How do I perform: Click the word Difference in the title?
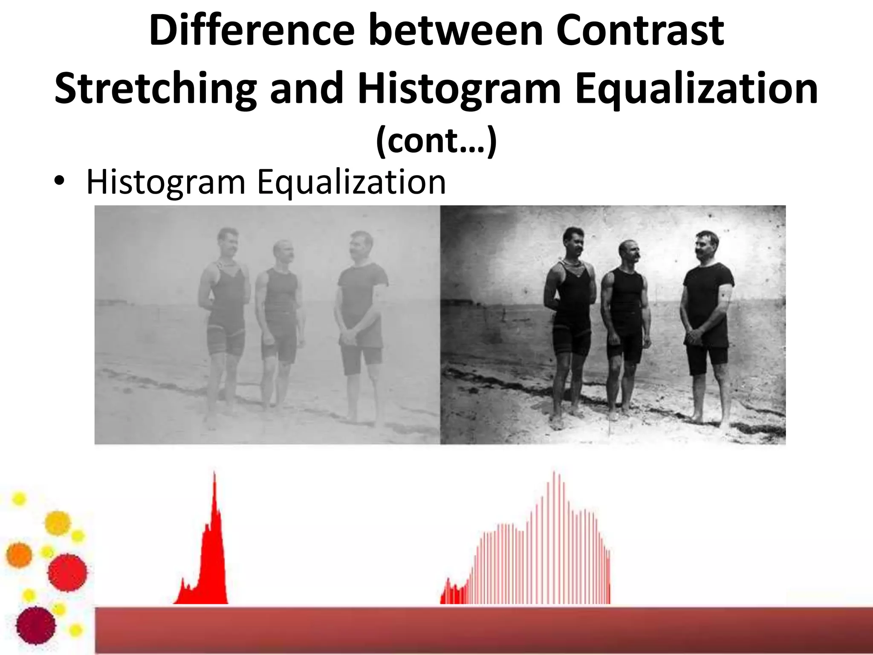pos(251,31)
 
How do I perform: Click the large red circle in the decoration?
pos(67,573)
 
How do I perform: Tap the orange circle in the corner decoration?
pos(19,555)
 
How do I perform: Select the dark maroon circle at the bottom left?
pos(36,626)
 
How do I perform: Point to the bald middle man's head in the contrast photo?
pos(628,250)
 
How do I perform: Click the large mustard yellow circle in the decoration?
pos(58,523)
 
